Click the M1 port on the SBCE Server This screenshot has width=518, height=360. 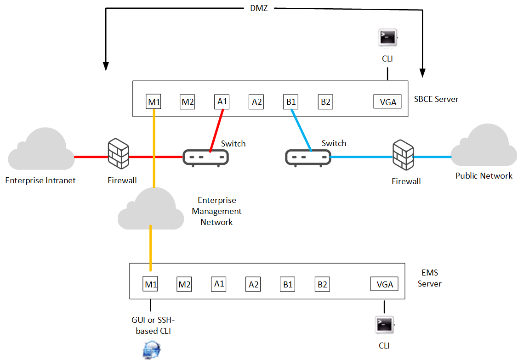(x=154, y=101)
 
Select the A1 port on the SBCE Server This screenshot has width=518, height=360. (x=222, y=101)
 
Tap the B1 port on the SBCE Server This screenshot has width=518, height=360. (x=290, y=101)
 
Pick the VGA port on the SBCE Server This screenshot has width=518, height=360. (x=387, y=101)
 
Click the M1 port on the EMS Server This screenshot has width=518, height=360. (x=150, y=284)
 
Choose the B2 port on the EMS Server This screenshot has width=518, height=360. (x=322, y=284)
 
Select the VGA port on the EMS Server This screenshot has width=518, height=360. (x=384, y=284)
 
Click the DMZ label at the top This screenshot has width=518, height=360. (x=259, y=8)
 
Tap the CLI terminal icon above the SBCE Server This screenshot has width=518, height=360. (x=388, y=37)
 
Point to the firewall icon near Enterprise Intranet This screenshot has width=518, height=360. (x=118, y=154)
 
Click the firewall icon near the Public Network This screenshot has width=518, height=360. (x=403, y=155)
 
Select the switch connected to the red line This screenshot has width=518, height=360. (x=205, y=158)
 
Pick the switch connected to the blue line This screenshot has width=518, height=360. (x=308, y=158)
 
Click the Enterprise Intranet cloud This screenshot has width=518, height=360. (x=41, y=149)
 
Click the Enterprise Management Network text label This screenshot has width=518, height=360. (x=217, y=211)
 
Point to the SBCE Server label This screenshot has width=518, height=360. (x=436, y=99)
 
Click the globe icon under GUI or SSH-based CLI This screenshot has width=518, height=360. (x=152, y=350)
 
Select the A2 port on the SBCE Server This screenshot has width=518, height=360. (x=256, y=101)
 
